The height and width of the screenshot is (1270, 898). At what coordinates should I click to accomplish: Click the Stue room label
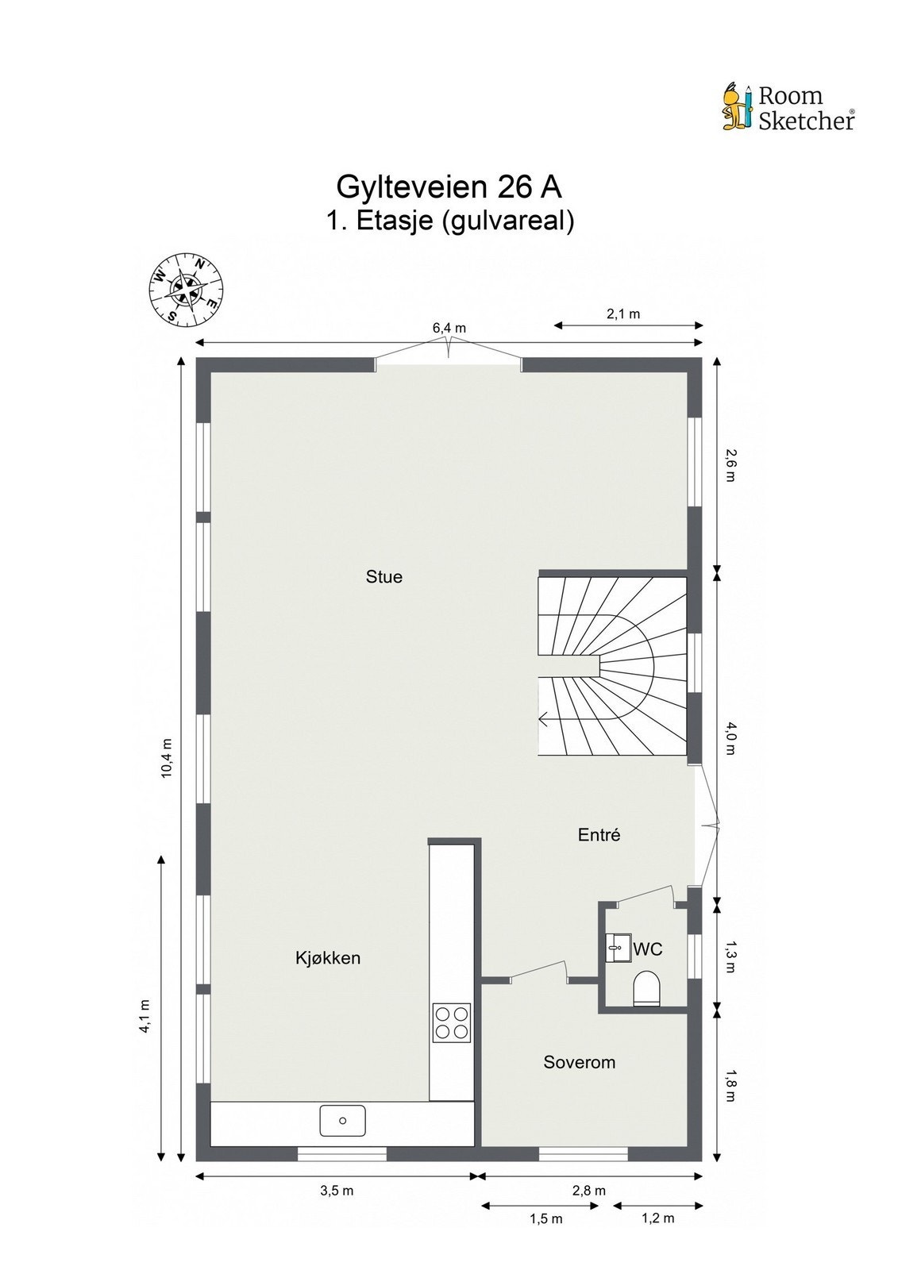383,577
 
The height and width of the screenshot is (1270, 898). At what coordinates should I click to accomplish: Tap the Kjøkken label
328,958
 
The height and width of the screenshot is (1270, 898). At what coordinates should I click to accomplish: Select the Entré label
599,835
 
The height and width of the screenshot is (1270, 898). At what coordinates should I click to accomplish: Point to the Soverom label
579,1062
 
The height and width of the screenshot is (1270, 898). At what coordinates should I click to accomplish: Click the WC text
648,949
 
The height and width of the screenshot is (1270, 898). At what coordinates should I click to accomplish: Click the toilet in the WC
647,989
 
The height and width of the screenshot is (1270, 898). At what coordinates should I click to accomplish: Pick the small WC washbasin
618,948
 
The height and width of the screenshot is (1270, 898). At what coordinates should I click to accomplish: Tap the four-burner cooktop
451,1022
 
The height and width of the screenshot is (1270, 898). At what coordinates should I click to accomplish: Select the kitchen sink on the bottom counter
343,1120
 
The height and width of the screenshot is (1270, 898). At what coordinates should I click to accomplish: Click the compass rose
187,289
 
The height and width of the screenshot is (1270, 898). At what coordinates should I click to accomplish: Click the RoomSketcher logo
788,108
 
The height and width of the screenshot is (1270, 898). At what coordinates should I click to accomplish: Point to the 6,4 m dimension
449,328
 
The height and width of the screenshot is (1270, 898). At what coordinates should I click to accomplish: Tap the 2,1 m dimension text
623,314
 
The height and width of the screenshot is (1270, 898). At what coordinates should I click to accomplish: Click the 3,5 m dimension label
337,1191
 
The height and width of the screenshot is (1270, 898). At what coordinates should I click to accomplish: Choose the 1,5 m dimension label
546,1218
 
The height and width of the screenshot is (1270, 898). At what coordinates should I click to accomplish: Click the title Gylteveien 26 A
449,187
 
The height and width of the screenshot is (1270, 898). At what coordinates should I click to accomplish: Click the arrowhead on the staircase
543,720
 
